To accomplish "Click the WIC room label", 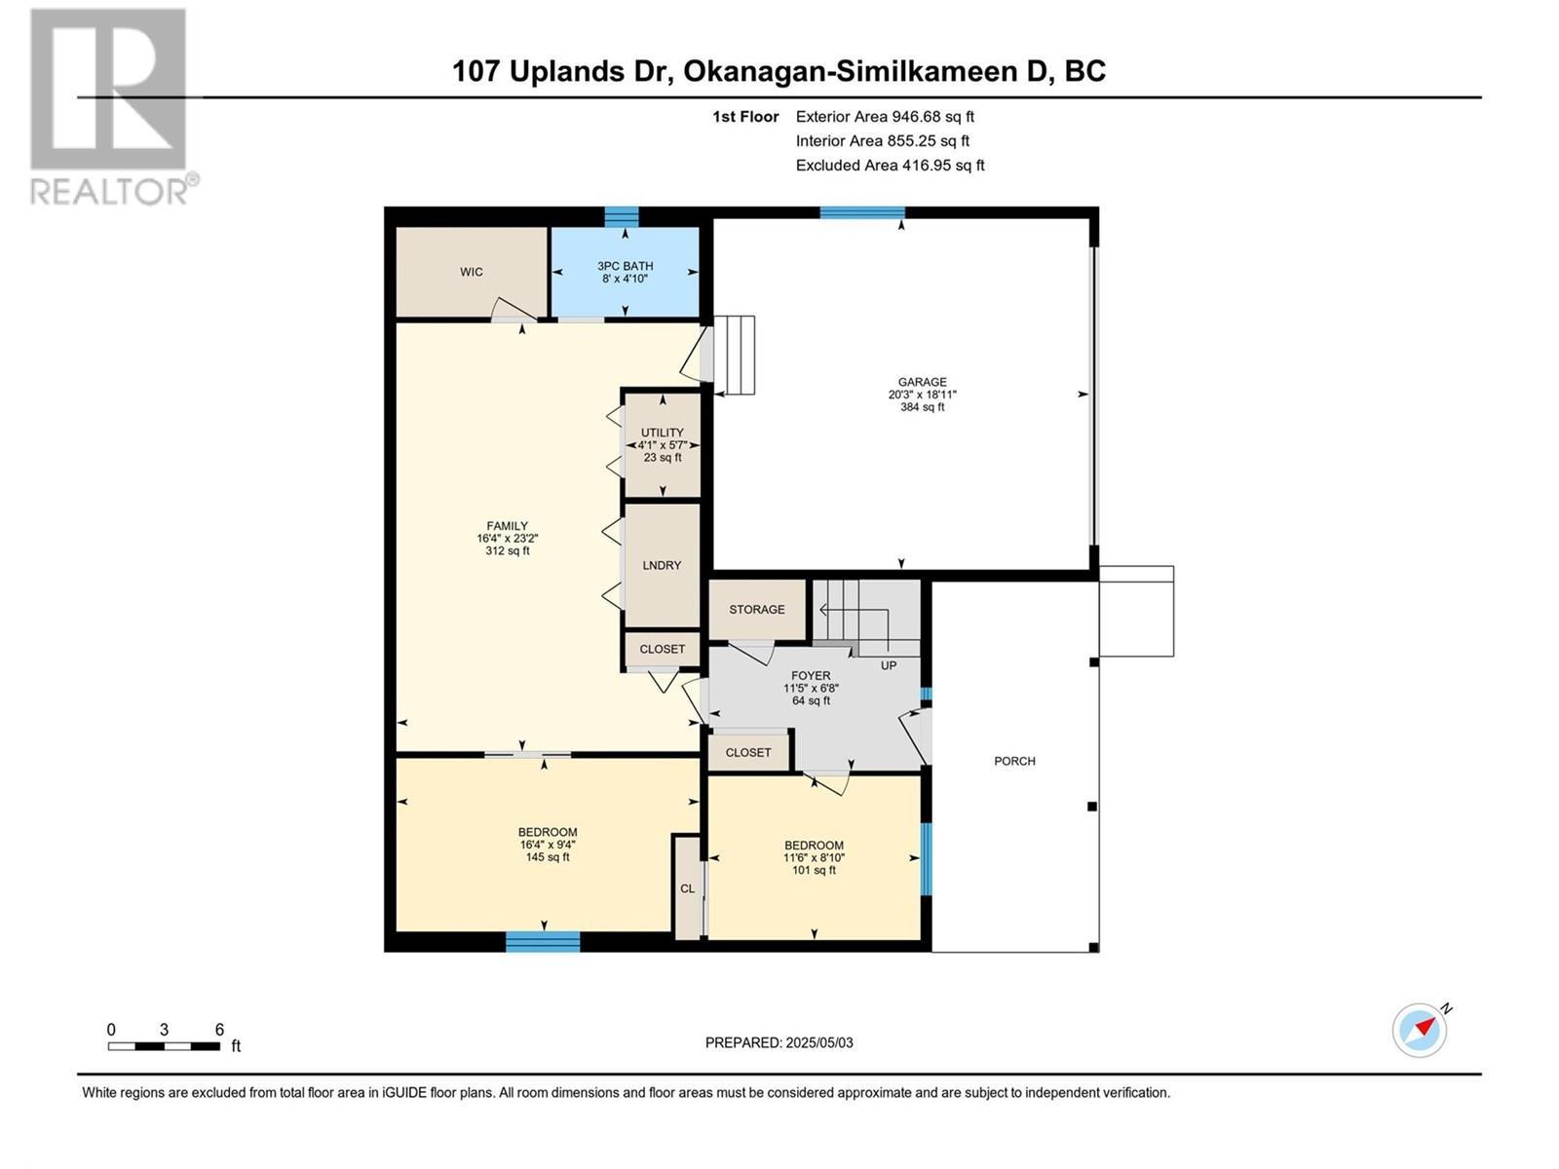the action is [x=471, y=272].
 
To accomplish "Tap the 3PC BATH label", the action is [x=625, y=266].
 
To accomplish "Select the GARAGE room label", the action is [x=922, y=382].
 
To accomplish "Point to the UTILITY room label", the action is [x=662, y=433].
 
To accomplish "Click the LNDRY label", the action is [x=662, y=565].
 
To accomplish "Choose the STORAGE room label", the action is [x=757, y=609].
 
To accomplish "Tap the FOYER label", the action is [x=811, y=676].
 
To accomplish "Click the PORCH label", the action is [x=1014, y=761].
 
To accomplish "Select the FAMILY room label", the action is [x=507, y=526].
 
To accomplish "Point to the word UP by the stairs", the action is [x=889, y=665].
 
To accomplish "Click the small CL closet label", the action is [x=687, y=888].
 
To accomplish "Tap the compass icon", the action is [x=1420, y=1030].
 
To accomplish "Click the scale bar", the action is [x=164, y=1046].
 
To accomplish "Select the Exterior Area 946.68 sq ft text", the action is [x=885, y=117].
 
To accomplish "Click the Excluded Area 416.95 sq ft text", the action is [x=890, y=166].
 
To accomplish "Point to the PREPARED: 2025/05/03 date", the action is [x=779, y=1042].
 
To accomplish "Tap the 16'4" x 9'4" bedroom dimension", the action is [x=548, y=845].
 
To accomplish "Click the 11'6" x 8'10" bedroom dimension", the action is [x=814, y=857].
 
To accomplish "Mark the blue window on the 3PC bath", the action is [x=622, y=215].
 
